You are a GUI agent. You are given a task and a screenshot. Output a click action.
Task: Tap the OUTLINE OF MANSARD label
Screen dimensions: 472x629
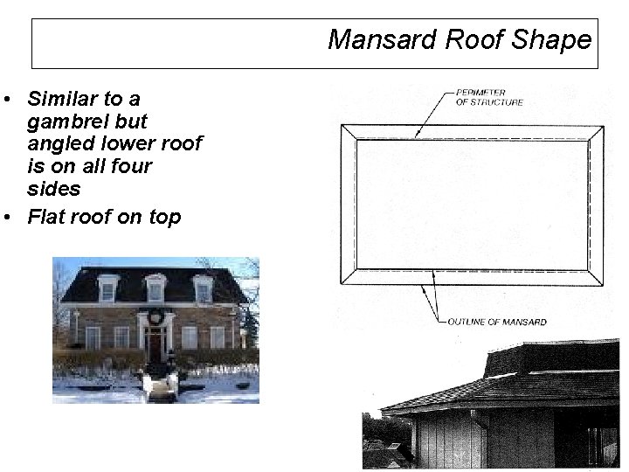tap(497, 322)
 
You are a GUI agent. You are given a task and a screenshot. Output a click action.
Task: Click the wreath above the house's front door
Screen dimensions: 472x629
tap(156, 317)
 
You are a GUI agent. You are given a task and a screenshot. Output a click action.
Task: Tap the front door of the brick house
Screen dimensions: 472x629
tap(156, 346)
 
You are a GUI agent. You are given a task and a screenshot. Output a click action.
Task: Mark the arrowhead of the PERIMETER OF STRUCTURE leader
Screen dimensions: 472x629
tap(417, 135)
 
